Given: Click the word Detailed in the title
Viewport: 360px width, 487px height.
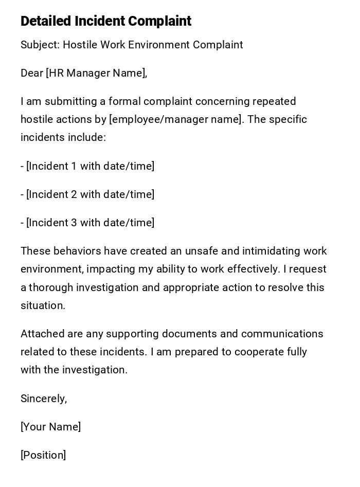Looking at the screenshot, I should tap(46, 21).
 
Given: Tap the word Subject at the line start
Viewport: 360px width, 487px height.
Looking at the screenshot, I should tap(39, 45).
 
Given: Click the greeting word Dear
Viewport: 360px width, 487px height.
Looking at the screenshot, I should tap(31, 73).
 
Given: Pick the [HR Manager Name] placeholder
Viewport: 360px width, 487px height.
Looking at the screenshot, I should tap(97, 73).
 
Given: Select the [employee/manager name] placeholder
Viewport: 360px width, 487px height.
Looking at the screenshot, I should tap(176, 119).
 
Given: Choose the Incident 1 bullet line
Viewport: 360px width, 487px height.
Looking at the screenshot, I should tap(87, 166).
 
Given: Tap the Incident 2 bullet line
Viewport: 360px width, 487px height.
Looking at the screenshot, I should tap(87, 194).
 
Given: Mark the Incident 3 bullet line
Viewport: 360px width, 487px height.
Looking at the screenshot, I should tap(87, 223).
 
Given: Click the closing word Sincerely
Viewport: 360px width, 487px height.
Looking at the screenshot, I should tap(44, 399).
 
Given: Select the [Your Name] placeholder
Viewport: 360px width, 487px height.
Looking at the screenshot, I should tap(50, 427).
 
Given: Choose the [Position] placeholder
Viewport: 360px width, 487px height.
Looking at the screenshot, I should tap(43, 455).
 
